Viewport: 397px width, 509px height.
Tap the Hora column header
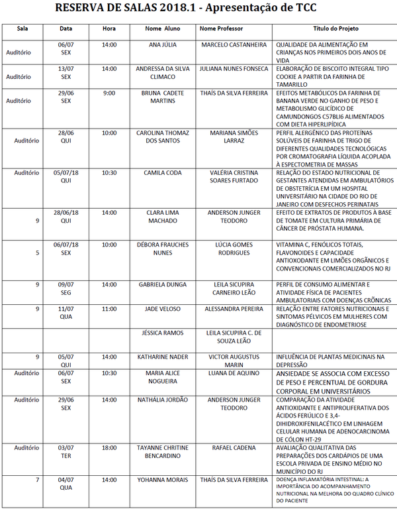[109, 29]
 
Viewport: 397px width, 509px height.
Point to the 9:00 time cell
[109, 93]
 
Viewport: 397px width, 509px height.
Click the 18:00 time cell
[109, 448]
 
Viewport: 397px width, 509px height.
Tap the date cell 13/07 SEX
[66, 72]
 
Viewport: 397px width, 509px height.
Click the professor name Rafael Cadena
[234, 448]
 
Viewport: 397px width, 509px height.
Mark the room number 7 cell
[38, 479]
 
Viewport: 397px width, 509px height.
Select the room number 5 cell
[38, 253]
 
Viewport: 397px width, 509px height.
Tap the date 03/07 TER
[66, 452]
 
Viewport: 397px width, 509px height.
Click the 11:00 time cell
[109, 309]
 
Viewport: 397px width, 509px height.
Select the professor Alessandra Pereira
[234, 309]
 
